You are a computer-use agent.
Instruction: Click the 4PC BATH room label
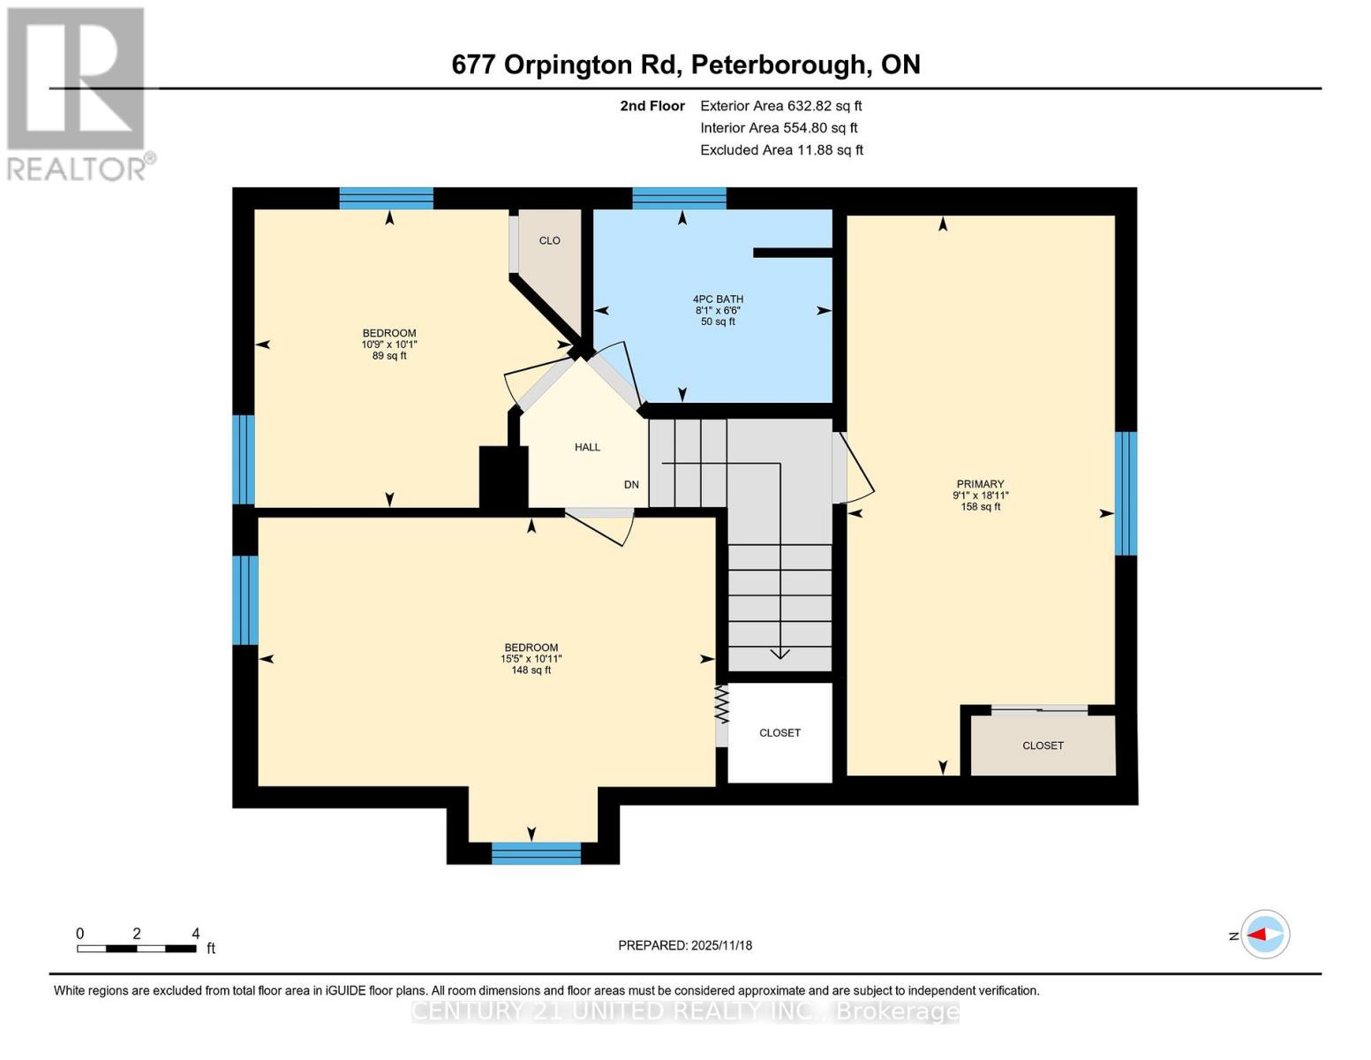coord(717,299)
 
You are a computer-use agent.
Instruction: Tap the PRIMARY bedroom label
coord(980,484)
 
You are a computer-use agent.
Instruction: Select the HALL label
coord(587,447)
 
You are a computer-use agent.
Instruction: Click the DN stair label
coord(631,485)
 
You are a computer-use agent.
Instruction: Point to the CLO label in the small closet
coord(549,240)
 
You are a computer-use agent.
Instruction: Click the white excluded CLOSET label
coord(780,733)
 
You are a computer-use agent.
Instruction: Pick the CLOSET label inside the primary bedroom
coord(1043,746)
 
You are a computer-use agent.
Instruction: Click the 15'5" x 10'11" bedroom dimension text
coord(531,659)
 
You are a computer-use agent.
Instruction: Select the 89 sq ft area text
coord(389,356)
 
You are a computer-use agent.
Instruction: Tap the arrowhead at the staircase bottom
coord(780,654)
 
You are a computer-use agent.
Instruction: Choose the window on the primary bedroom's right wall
coord(1126,493)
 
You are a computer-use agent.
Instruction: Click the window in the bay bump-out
coord(536,852)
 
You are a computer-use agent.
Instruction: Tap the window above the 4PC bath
coord(679,198)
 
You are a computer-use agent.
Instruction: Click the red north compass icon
coord(1265,935)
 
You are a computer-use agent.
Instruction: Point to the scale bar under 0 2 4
coord(136,949)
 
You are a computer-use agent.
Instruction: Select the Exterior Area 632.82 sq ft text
coord(780,106)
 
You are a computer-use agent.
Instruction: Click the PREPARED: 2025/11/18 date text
coord(685,945)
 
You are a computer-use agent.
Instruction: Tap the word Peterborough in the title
coord(778,64)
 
